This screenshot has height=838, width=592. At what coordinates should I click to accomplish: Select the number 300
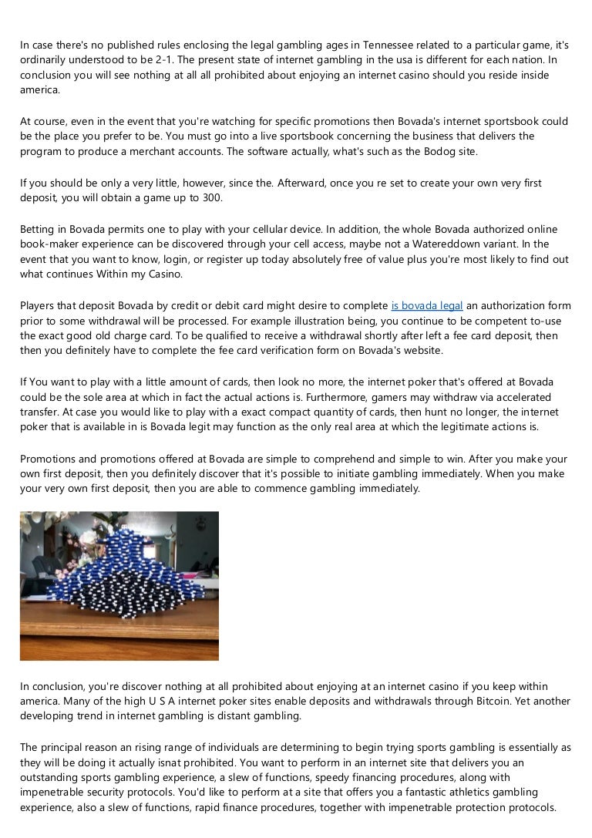(x=210, y=197)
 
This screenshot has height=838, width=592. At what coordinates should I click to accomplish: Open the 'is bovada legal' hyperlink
(x=427, y=306)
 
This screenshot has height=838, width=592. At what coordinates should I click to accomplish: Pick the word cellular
(x=258, y=230)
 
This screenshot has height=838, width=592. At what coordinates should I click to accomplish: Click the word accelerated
(x=522, y=398)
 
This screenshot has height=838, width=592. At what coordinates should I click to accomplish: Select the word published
(x=139, y=45)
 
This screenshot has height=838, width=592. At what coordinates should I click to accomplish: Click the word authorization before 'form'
(x=503, y=306)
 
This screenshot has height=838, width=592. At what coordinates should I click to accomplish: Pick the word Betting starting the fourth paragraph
(x=37, y=230)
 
